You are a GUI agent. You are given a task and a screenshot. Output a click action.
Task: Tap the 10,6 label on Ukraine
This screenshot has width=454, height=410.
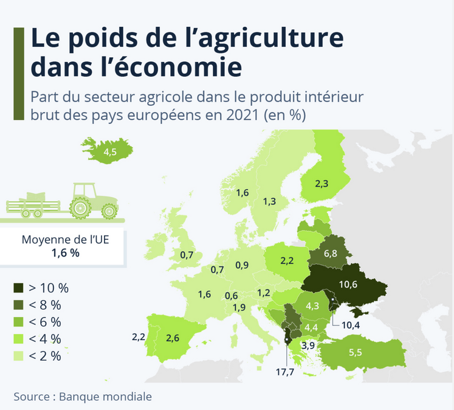point(348,285)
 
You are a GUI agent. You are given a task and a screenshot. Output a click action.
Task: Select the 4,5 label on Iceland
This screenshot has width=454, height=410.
point(110,153)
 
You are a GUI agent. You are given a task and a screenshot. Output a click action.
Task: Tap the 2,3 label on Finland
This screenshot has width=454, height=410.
point(323,182)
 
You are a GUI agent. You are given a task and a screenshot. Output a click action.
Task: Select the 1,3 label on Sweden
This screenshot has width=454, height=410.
point(270,201)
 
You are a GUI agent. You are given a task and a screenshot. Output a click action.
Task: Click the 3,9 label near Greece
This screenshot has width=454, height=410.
point(308,345)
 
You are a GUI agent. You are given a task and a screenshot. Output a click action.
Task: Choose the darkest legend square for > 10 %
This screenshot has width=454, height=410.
point(19,288)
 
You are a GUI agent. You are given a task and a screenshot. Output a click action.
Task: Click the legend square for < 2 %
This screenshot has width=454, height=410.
point(19,356)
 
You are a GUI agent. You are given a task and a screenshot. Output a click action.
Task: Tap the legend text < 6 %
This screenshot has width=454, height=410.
point(45,322)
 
